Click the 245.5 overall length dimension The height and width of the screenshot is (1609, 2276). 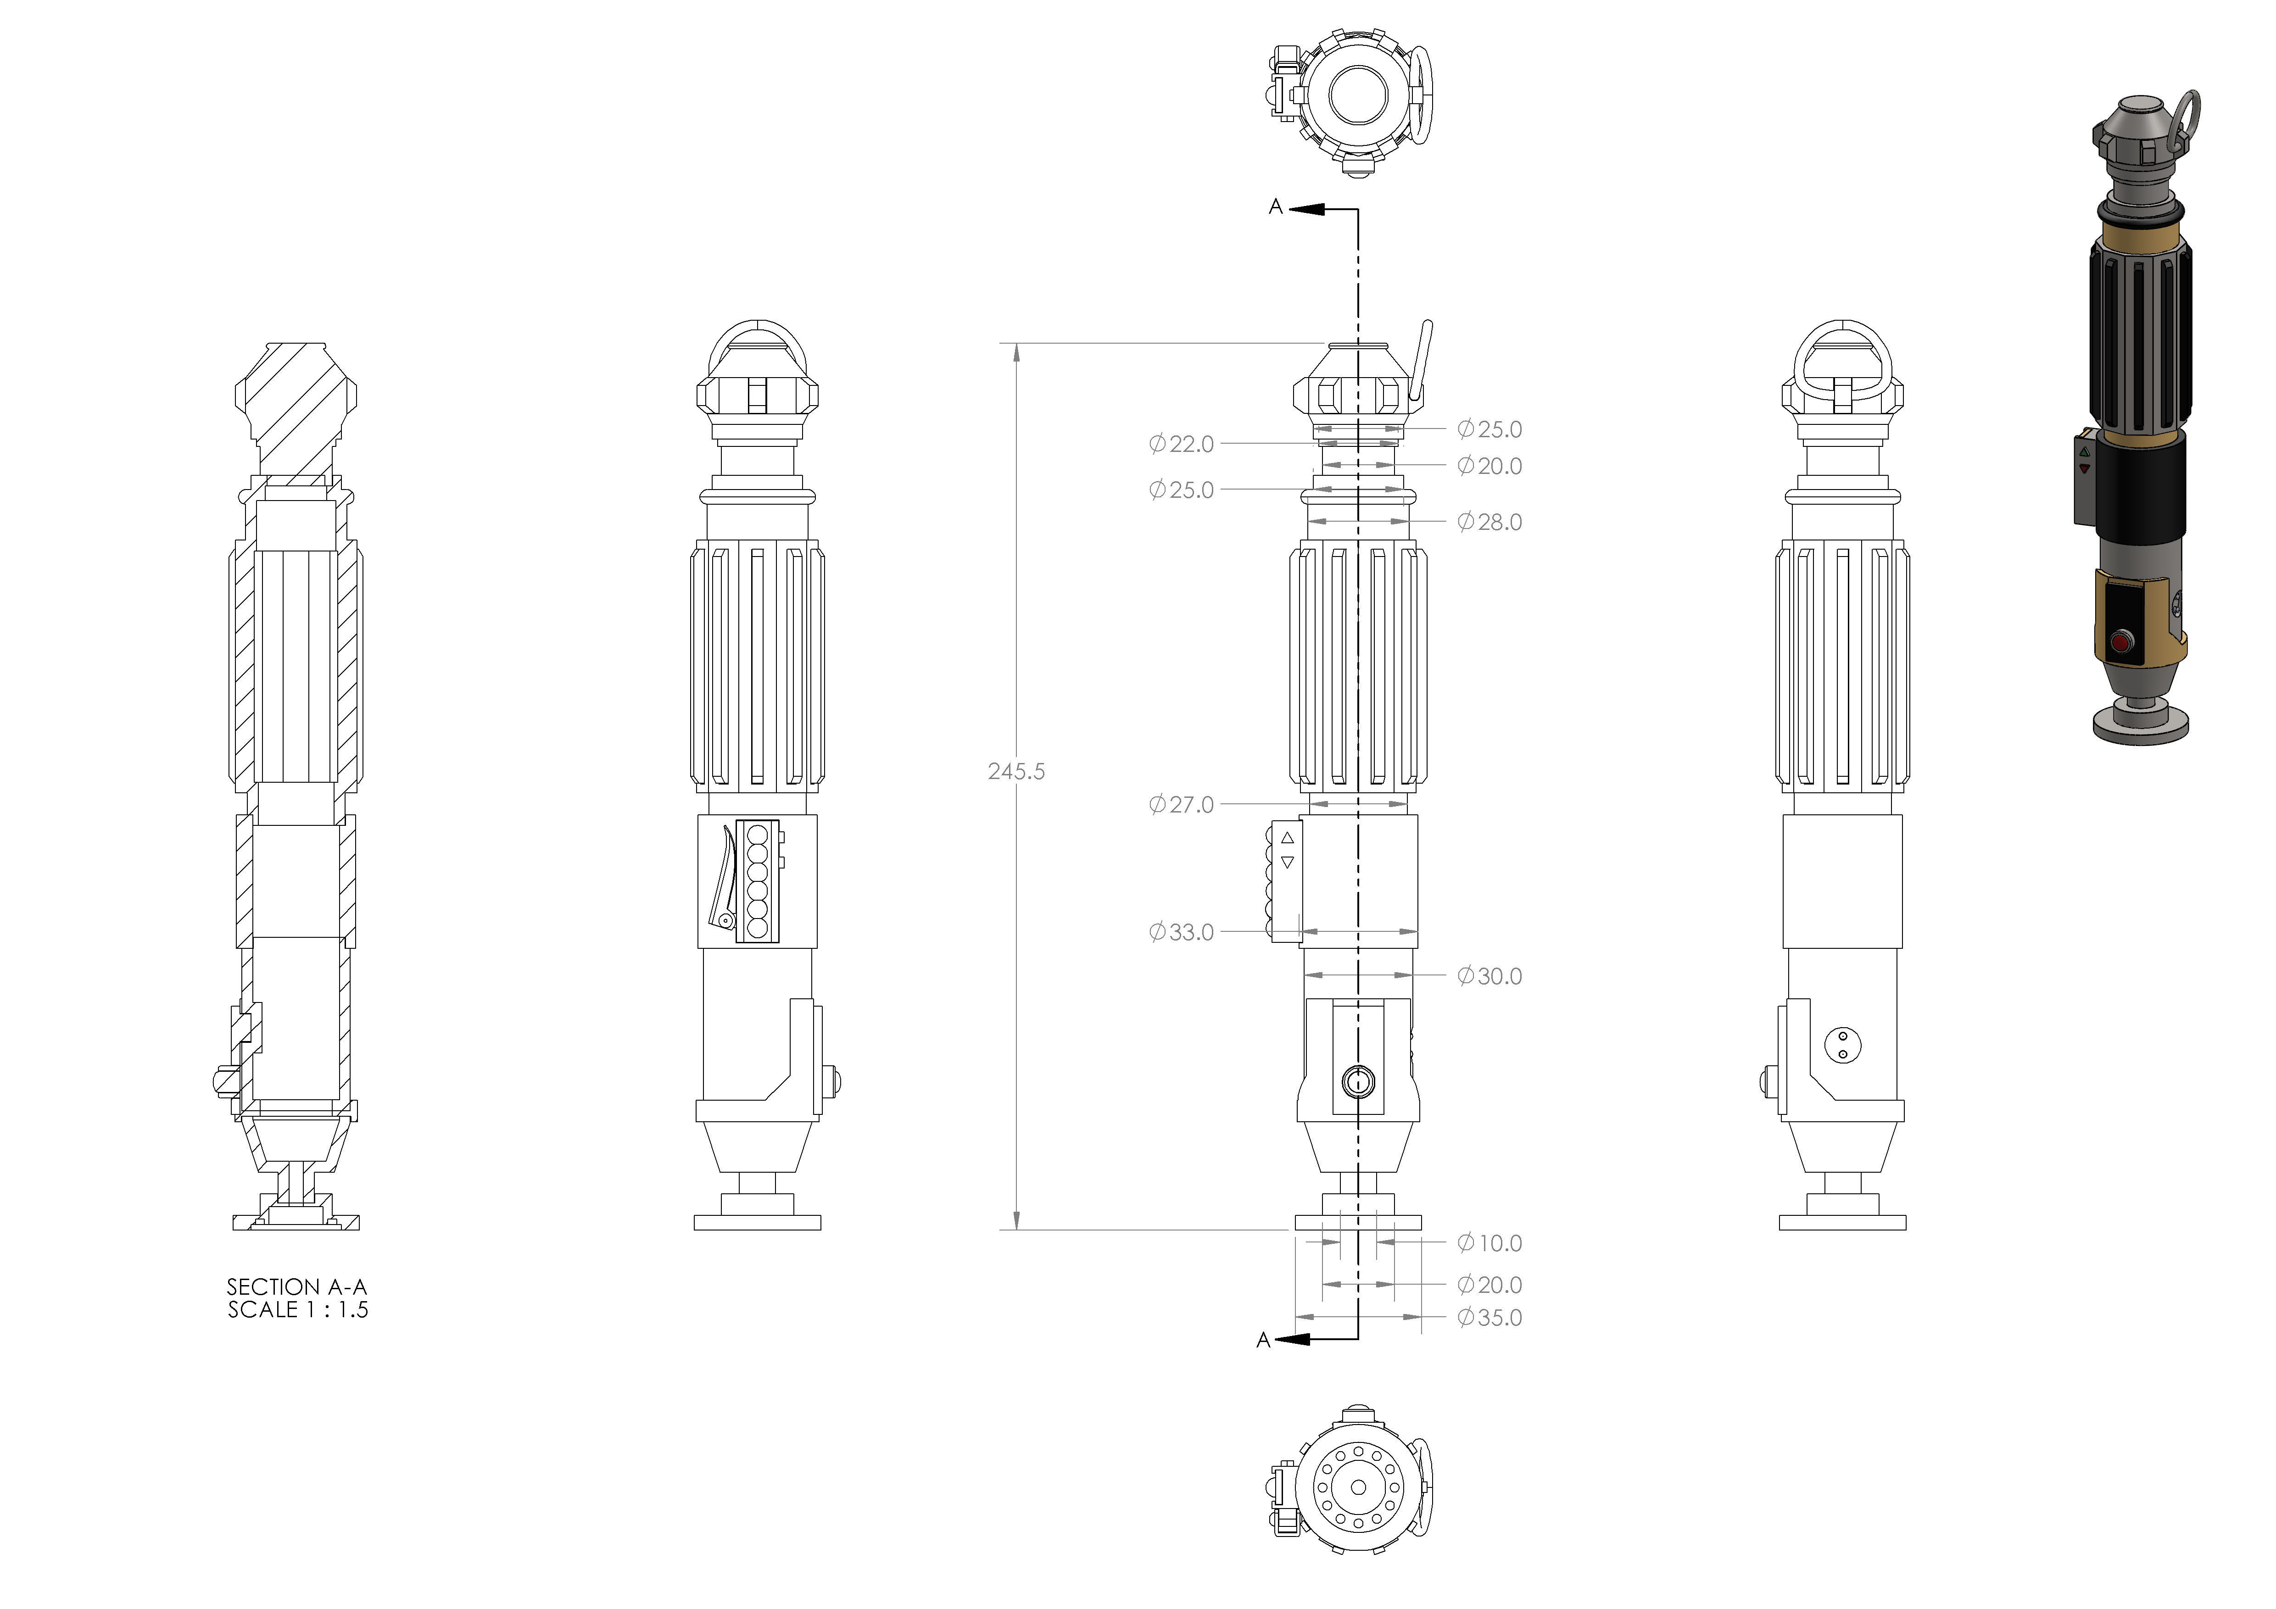[x=1016, y=771]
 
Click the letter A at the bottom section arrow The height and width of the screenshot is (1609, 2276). [x=1263, y=1340]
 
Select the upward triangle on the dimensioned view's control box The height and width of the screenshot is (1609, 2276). [x=1288, y=838]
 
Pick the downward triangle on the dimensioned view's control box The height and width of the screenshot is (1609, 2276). [x=1288, y=863]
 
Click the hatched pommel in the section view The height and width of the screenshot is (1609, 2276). [x=296, y=406]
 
